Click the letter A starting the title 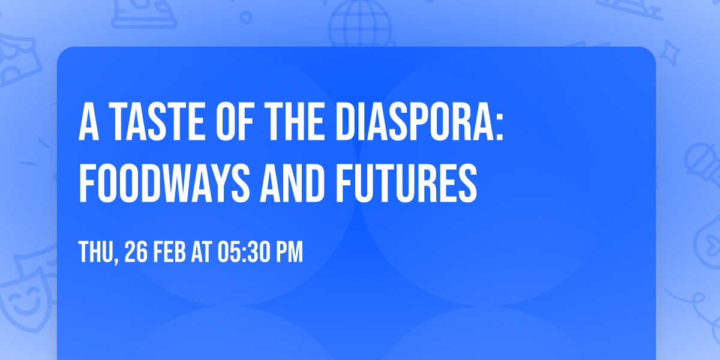click(x=89, y=122)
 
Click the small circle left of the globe click(x=245, y=17)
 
